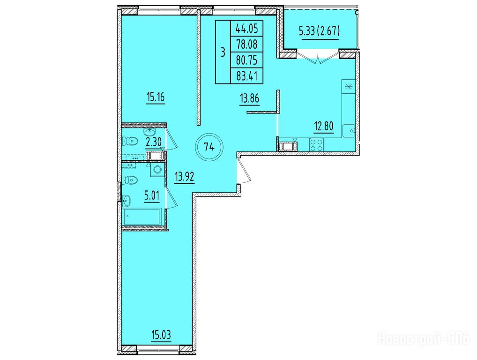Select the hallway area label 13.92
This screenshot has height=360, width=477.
(184, 177)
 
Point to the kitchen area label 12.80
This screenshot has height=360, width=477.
(324, 126)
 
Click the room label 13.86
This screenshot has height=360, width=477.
(249, 98)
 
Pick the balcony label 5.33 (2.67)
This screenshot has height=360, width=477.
(320, 31)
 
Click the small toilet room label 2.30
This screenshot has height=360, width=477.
(153, 142)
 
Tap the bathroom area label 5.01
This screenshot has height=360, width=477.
(152, 195)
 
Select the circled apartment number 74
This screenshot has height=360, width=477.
(209, 148)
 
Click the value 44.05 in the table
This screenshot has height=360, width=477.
(247, 29)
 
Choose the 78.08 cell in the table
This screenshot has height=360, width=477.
(247, 45)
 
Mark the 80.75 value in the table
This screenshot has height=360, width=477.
(247, 60)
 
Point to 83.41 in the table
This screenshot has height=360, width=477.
(247, 76)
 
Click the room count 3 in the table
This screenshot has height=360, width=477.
(223, 52)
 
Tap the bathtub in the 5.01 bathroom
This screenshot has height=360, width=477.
(142, 217)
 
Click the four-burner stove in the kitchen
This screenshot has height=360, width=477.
(316, 144)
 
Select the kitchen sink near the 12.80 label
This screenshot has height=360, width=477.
(348, 131)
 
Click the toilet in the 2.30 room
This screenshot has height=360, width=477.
(130, 141)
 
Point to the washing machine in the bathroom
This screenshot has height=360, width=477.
(157, 170)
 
